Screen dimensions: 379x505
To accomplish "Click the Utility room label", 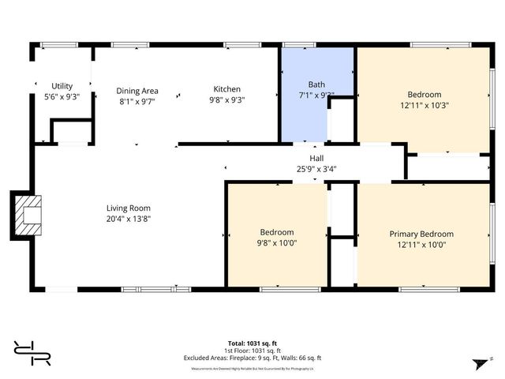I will click(62, 86).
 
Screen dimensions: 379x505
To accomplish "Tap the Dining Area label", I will click(137, 91).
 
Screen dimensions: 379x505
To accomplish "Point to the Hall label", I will click(316, 158).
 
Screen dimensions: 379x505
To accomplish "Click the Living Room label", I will click(128, 208).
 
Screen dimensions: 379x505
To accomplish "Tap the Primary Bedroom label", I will click(421, 234).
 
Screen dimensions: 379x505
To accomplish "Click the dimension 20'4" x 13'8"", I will click(128, 219).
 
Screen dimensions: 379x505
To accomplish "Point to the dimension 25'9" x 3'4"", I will click(316, 168).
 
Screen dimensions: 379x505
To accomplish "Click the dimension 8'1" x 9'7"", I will click(137, 101).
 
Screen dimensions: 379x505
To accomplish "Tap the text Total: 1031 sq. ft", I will click(252, 343).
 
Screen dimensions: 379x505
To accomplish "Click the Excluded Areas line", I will click(252, 358).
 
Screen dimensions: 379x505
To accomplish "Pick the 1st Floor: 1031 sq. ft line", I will click(252, 350).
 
